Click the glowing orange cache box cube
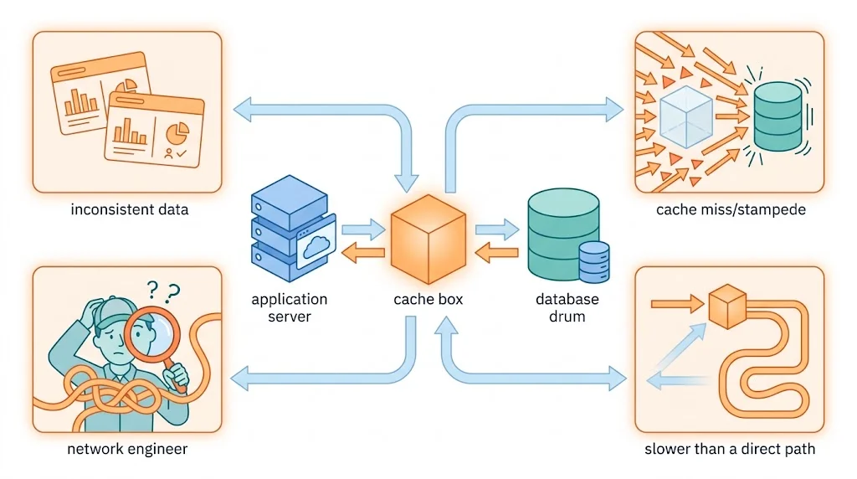[428, 239]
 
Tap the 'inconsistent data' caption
[130, 209]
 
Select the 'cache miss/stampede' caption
[731, 209]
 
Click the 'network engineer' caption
[127, 449]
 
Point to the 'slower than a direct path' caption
[730, 449]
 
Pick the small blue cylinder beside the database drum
[594, 262]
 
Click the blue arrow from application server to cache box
[363, 229]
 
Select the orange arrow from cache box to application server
[363, 252]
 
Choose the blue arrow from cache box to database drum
[497, 229]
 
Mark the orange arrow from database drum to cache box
[496, 252]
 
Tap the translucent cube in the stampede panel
[686, 117]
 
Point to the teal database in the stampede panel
[777, 116]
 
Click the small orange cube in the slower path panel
[727, 306]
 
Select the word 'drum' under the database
[567, 317]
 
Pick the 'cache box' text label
[428, 299]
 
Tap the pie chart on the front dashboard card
[177, 133]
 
